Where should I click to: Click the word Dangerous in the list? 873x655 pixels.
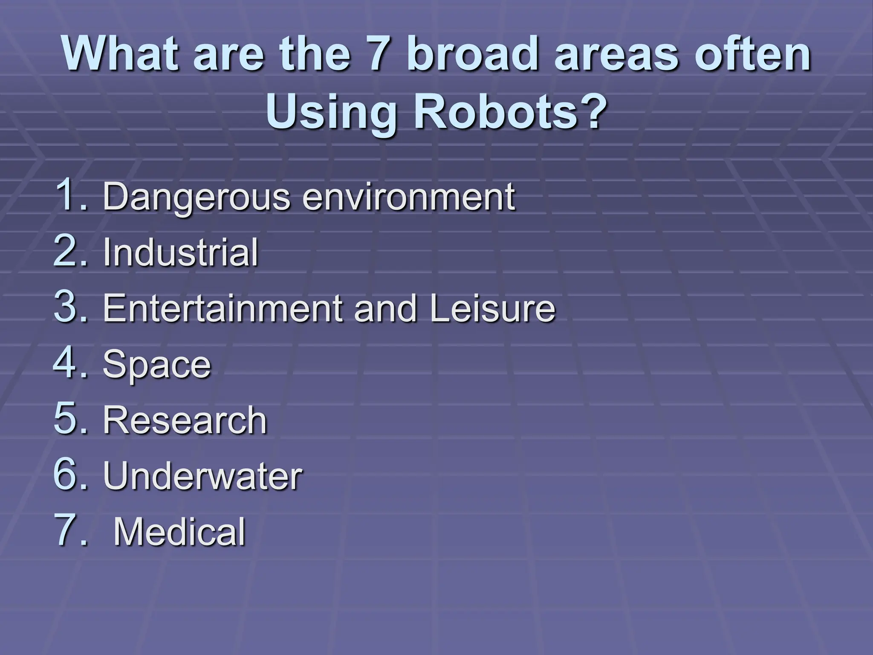[x=196, y=197]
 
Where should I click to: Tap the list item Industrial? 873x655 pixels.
[x=181, y=252]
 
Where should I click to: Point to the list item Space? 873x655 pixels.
[x=157, y=365]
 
